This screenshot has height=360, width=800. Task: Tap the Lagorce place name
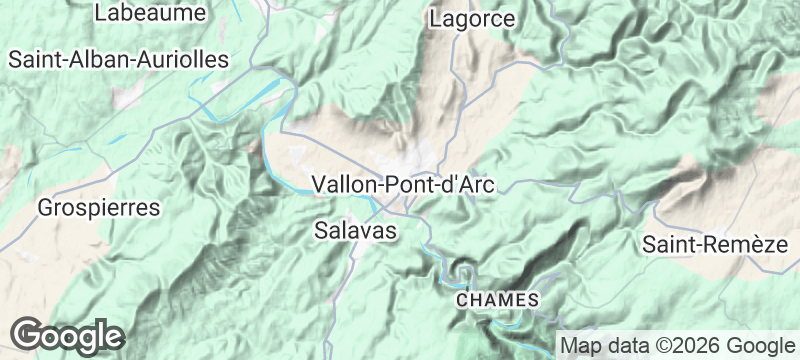(472, 19)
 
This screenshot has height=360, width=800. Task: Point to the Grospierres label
(98, 209)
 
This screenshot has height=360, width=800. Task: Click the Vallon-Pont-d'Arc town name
(405, 185)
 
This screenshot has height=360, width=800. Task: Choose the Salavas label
(356, 231)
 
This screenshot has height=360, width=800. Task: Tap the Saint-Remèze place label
(714, 244)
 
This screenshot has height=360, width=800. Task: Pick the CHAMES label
(498, 300)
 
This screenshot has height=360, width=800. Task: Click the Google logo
(68, 335)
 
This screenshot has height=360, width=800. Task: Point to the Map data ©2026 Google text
(674, 346)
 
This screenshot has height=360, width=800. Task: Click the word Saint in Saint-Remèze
(667, 244)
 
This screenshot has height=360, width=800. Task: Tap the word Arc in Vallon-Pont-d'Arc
(476, 185)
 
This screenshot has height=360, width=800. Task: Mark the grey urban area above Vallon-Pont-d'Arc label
(415, 160)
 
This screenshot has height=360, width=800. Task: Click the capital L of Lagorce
(435, 19)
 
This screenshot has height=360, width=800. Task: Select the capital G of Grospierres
(45, 209)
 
